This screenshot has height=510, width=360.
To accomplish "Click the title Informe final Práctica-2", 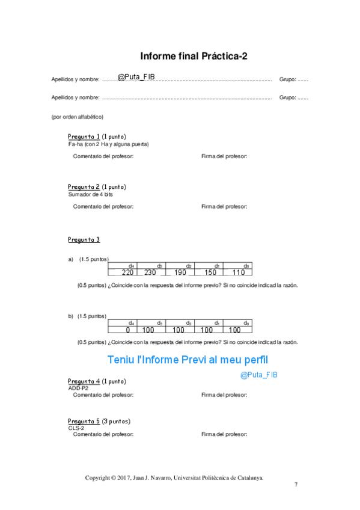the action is click(194, 57).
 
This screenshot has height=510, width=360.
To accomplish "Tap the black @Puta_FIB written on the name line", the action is click(136, 77).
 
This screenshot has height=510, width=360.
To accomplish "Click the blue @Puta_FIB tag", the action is click(259, 375).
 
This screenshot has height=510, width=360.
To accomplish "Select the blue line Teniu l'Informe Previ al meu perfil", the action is click(188, 360).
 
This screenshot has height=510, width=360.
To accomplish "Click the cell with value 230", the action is click(150, 272).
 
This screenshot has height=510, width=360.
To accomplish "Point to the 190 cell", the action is click(180, 272).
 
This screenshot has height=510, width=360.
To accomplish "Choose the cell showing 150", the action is click(210, 272).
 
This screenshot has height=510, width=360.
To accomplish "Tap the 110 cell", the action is click(238, 272).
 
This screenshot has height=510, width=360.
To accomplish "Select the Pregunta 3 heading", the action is click(84, 239).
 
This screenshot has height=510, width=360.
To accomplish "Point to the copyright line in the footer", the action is click(174, 478).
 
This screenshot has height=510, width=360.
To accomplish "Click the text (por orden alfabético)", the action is click(78, 117).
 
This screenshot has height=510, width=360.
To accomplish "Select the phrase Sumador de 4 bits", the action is click(91, 195).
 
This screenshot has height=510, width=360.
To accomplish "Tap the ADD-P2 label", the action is click(78, 389).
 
